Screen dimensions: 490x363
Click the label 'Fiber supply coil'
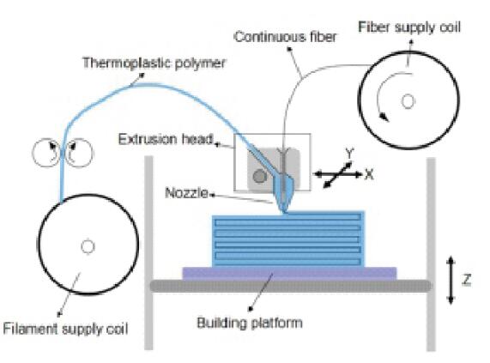[x=409, y=27]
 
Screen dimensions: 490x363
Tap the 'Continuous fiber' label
[x=285, y=37]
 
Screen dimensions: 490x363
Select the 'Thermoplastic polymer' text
[x=154, y=64]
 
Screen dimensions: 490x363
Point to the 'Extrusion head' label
[x=166, y=139]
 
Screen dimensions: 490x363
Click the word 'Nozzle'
[x=186, y=193]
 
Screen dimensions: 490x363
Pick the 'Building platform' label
[x=250, y=323]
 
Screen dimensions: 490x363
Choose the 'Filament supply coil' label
[x=65, y=329]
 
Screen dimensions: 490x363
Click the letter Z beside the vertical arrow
[x=466, y=280]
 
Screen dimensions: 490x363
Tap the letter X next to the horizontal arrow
[x=369, y=174]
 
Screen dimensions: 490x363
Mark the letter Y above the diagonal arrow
[x=349, y=154]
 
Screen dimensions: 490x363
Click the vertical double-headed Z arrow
[x=451, y=280]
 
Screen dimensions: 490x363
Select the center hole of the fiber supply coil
[x=408, y=101]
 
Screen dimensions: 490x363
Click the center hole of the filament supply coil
[x=88, y=246]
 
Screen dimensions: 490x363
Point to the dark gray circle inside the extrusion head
[x=259, y=177]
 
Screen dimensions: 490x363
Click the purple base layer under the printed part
[x=289, y=274]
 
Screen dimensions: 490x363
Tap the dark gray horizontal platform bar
[x=291, y=286]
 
